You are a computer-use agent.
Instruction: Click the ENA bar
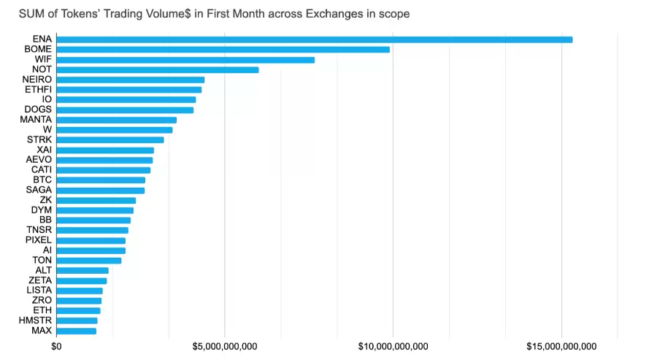314,39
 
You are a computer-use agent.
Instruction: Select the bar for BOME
223,50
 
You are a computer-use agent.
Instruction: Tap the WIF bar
185,60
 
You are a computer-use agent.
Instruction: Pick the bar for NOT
157,70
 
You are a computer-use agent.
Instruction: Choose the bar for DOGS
125,110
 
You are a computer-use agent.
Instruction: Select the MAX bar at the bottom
76,331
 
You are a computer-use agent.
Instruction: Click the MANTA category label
36,120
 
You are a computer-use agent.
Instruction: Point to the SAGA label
39,190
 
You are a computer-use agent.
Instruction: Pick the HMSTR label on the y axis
36,321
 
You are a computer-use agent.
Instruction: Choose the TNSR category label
39,230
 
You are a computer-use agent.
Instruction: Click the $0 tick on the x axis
56,346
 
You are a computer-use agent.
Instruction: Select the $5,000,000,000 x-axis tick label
225,346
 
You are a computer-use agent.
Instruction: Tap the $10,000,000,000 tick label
393,346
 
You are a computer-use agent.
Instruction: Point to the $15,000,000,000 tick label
561,346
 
